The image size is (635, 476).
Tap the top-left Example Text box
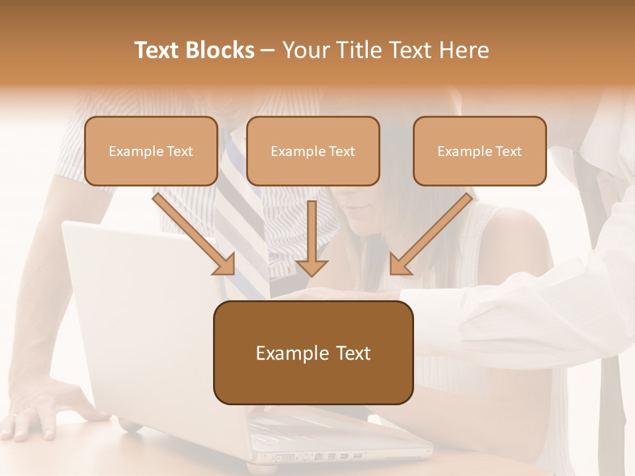coord(151,151)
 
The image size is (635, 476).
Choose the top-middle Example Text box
coord(313,151)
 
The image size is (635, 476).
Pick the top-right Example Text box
coord(480,151)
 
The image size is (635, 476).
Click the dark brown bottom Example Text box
coord(313,352)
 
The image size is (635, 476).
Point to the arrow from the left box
coord(196,235)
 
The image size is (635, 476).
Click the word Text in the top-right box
coord(509,151)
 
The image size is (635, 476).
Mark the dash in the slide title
coord(268,50)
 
